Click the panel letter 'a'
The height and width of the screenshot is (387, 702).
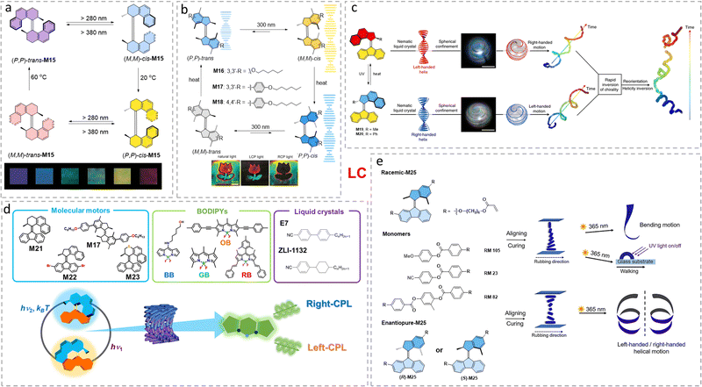(7, 8)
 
